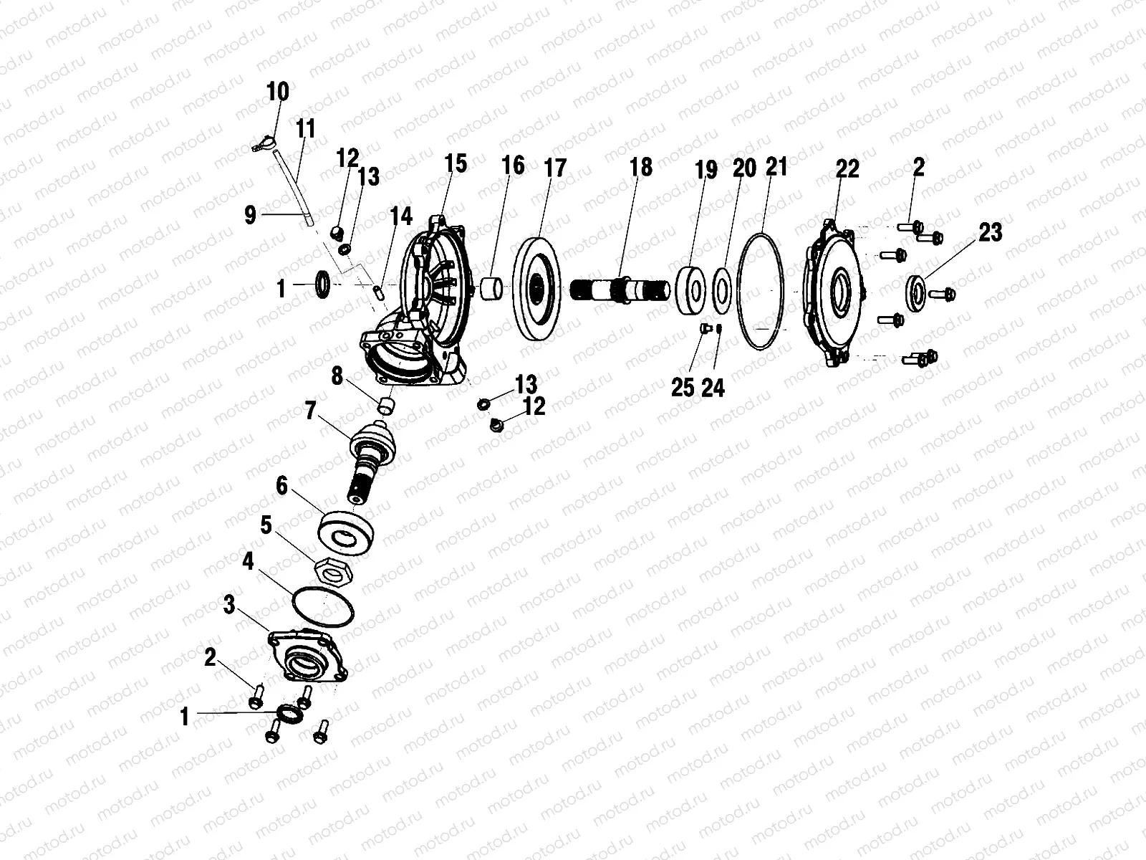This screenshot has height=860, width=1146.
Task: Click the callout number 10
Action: pos(277,92)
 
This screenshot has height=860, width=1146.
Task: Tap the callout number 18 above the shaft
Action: pos(641,167)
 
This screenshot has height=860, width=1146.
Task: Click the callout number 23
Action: pos(991,232)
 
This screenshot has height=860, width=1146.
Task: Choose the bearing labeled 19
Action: pos(693,289)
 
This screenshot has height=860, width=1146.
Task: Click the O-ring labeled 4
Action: pos(323,609)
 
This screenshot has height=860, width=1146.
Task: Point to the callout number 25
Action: pos(683,387)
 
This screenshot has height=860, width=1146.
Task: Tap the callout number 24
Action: pos(713,388)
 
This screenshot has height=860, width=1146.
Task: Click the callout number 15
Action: pos(455,163)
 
